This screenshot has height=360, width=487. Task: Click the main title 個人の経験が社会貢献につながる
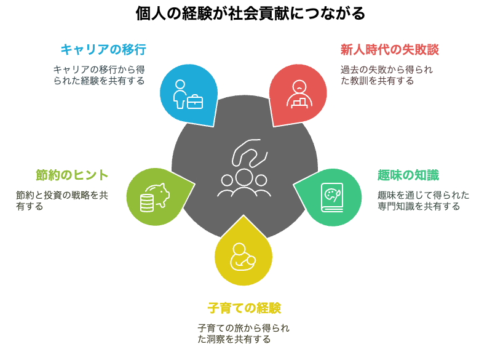[x=250, y=14]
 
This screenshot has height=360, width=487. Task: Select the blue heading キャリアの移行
[x=103, y=49]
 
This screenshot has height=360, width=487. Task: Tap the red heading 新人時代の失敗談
[x=389, y=49]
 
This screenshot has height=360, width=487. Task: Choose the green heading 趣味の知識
[x=408, y=175]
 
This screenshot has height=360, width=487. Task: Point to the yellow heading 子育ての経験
[x=244, y=308]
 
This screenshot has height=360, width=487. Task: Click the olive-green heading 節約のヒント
[x=72, y=175]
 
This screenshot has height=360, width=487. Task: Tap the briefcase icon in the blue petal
[x=195, y=102]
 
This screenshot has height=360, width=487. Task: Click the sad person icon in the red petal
[x=299, y=94]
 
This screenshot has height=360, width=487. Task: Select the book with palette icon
[x=332, y=198]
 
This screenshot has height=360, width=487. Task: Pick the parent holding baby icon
[x=242, y=257]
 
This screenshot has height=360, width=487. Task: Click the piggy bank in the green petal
[x=159, y=195]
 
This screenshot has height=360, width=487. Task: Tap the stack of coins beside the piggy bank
[x=147, y=202]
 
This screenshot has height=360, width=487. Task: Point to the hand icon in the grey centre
[x=250, y=153]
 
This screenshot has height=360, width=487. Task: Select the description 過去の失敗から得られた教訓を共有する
[x=387, y=75]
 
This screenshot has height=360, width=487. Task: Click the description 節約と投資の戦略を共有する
[x=62, y=201]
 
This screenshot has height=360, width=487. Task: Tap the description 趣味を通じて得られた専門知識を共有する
[x=423, y=201]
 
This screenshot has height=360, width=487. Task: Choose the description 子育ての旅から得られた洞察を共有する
[x=244, y=334]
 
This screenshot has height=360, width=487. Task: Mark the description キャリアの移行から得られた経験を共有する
[x=100, y=75]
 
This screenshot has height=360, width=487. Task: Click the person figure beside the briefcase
[x=180, y=94]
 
